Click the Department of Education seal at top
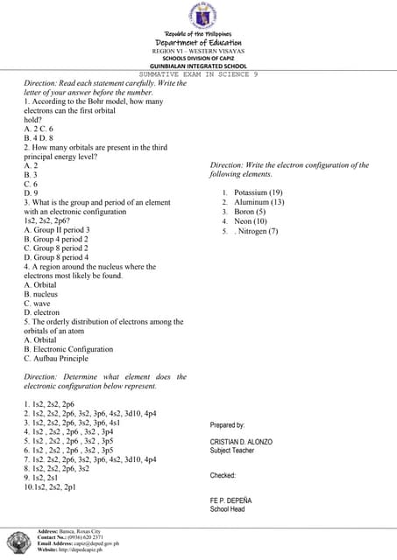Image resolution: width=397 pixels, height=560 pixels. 198,16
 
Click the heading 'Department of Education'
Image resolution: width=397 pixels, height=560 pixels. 198,42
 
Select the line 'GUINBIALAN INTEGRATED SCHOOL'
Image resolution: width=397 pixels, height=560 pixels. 198,66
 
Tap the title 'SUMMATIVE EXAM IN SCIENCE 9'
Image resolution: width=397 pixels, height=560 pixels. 198,74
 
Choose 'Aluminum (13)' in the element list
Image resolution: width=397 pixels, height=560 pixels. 259,202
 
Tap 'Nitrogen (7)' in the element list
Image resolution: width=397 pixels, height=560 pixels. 258,231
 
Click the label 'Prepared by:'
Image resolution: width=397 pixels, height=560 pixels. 227,425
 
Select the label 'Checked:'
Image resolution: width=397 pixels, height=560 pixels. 223,475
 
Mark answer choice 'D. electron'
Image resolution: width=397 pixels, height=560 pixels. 42,312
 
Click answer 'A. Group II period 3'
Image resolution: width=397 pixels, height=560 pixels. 57,230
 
